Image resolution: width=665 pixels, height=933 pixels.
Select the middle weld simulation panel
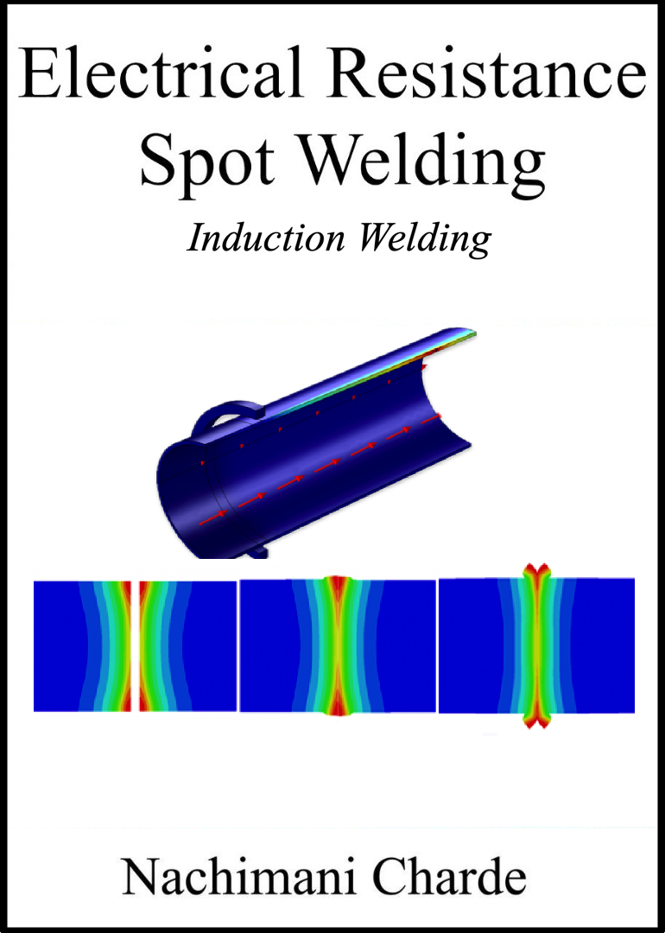click(338, 646)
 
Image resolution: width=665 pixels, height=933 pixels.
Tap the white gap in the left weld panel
click(136, 645)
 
